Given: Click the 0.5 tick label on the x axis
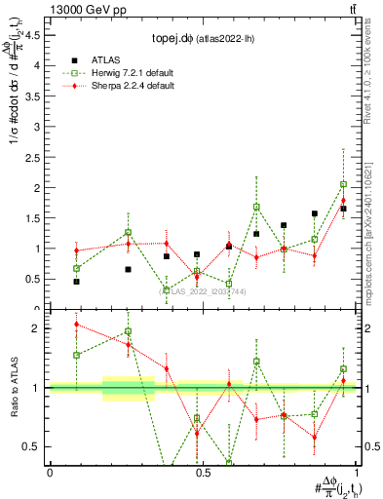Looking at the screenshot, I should click(203, 473).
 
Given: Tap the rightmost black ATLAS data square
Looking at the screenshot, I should click(344, 209).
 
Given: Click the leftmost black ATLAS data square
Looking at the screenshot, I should click(77, 282).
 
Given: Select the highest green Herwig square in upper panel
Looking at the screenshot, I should click(344, 184).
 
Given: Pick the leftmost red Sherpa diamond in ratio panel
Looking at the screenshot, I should click(77, 325).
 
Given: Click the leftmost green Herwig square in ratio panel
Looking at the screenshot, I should click(77, 355).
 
